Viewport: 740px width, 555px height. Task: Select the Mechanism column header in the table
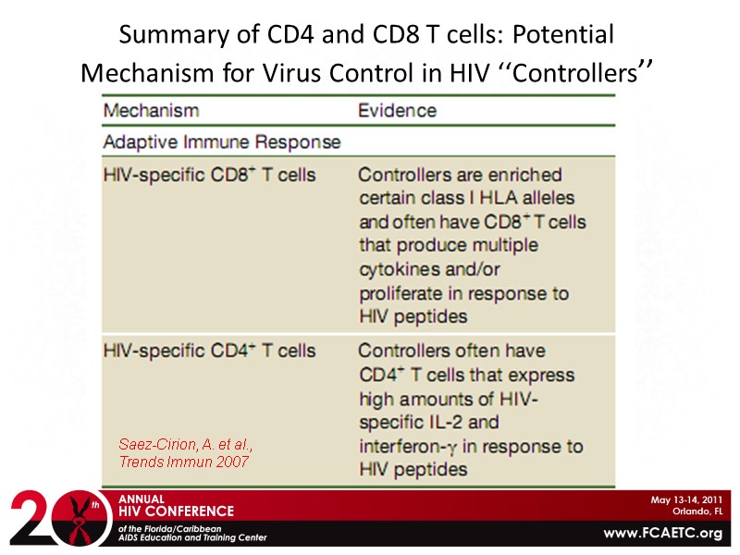151,111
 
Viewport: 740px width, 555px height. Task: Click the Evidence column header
397,111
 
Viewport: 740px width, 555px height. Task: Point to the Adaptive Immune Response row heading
221,142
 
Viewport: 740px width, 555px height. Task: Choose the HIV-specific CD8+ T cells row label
209,175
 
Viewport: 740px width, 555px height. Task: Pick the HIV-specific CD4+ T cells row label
209,351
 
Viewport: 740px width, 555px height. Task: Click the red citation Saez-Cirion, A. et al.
186,446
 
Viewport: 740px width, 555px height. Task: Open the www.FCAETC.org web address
662,534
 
